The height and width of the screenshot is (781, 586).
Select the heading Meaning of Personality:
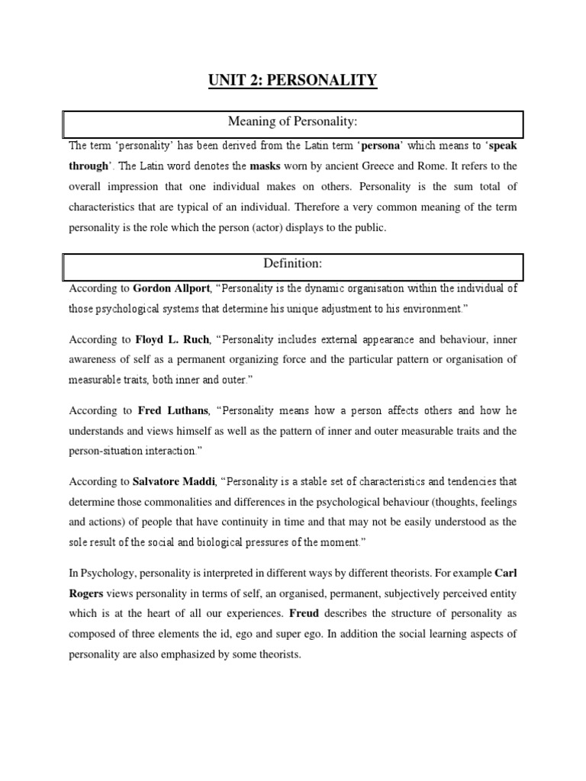pos(294,123)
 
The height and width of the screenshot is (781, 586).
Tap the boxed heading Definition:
pos(294,263)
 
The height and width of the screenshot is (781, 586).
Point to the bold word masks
pos(266,166)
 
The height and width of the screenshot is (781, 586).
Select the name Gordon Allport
pos(172,288)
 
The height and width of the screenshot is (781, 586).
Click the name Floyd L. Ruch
pos(172,339)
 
